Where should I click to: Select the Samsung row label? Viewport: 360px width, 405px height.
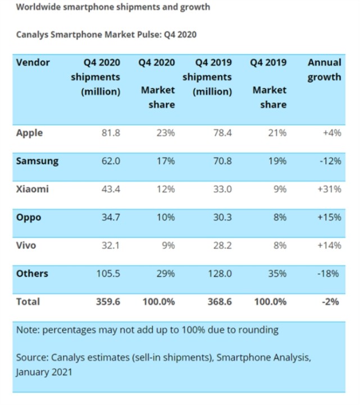(37, 161)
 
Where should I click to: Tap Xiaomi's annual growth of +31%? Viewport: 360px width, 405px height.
(329, 189)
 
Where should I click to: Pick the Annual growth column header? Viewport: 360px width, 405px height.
(324, 70)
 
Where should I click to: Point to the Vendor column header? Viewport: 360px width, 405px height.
(33, 62)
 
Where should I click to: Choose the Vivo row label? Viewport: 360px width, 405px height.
(28, 245)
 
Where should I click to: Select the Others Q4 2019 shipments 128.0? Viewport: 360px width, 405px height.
(220, 274)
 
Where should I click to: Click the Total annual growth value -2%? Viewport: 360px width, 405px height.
(331, 302)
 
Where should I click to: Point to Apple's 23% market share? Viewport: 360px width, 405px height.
(166, 133)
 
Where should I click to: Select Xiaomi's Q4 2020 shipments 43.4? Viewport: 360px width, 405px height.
(110, 189)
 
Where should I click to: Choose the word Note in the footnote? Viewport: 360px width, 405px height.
(27, 330)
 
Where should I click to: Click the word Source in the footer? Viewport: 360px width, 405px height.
(32, 357)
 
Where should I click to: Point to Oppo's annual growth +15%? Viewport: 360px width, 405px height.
(329, 217)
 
